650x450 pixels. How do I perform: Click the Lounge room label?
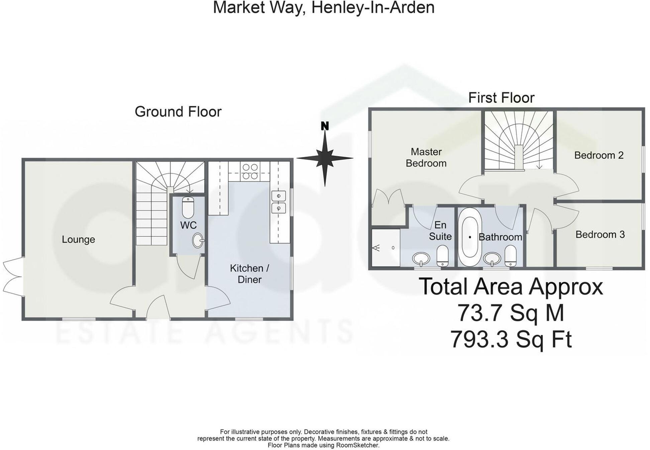point(78,239)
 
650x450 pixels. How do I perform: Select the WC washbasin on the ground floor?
point(198,240)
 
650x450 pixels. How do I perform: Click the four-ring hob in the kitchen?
point(249,171)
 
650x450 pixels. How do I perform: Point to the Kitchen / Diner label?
point(249,274)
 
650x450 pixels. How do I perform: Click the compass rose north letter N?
point(325,126)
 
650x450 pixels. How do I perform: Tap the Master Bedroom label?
point(426,157)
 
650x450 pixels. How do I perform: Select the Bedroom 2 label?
point(599,155)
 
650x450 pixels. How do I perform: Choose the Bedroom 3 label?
point(600,234)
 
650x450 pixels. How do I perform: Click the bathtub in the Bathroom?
point(470,237)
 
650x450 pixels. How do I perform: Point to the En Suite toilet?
point(443,256)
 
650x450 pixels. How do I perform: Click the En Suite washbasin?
point(421,259)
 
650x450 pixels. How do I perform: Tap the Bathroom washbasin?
point(492,258)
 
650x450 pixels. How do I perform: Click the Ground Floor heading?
point(178,112)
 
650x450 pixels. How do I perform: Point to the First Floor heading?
point(501,98)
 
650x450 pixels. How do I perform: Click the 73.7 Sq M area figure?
point(511,313)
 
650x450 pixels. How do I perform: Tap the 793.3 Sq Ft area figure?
point(511,340)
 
